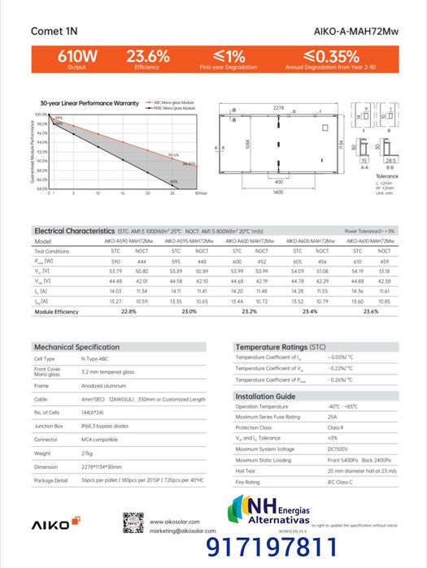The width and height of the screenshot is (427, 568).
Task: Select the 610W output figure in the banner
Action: (x=77, y=56)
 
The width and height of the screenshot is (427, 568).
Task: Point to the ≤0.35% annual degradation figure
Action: (x=331, y=56)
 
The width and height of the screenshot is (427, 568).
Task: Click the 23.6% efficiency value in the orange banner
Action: (x=147, y=56)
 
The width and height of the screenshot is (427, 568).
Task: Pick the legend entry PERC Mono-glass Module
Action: (x=176, y=108)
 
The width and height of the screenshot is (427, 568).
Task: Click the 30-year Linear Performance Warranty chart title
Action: (x=89, y=103)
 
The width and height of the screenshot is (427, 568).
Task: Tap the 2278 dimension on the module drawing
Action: (x=278, y=107)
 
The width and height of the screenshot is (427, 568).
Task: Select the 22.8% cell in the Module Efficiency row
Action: (x=129, y=311)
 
